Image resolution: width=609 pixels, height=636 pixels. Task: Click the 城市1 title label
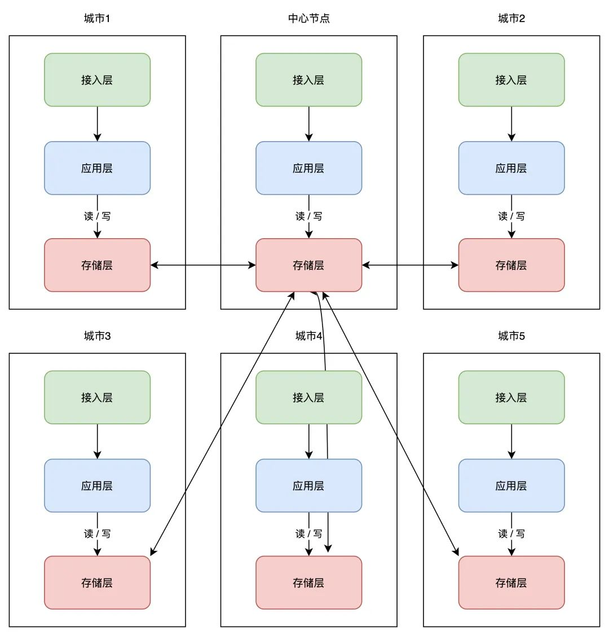point(97,18)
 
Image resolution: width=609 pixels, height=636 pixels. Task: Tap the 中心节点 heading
point(309,18)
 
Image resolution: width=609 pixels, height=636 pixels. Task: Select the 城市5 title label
point(511,336)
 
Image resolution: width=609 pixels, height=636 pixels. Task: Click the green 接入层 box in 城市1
point(97,80)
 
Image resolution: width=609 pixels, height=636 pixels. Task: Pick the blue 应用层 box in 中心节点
point(309,168)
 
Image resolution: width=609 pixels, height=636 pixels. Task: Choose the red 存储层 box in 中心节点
point(309,265)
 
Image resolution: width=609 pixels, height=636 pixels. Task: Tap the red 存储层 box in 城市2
point(511,265)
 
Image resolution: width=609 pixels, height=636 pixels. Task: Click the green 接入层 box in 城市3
point(97,397)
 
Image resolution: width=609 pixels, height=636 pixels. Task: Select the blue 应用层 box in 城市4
point(309,485)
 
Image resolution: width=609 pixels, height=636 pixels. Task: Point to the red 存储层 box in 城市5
point(511,582)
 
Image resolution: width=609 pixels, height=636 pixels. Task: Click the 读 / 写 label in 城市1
point(97,216)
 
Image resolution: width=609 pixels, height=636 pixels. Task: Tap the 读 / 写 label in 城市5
point(511,534)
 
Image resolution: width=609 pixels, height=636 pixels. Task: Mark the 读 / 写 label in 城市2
point(511,216)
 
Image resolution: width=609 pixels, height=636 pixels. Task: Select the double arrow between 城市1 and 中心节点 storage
point(203,265)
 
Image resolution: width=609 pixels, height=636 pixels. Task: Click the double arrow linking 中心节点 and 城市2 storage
point(410,265)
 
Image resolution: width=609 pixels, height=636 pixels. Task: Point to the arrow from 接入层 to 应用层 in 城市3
point(97,442)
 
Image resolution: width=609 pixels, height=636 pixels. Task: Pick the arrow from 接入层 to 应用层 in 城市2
point(511,124)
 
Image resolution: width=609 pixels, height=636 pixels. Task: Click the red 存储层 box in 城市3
point(97,582)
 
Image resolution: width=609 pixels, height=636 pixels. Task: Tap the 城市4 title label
point(309,336)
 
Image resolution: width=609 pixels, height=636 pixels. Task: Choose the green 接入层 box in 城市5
point(511,397)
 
